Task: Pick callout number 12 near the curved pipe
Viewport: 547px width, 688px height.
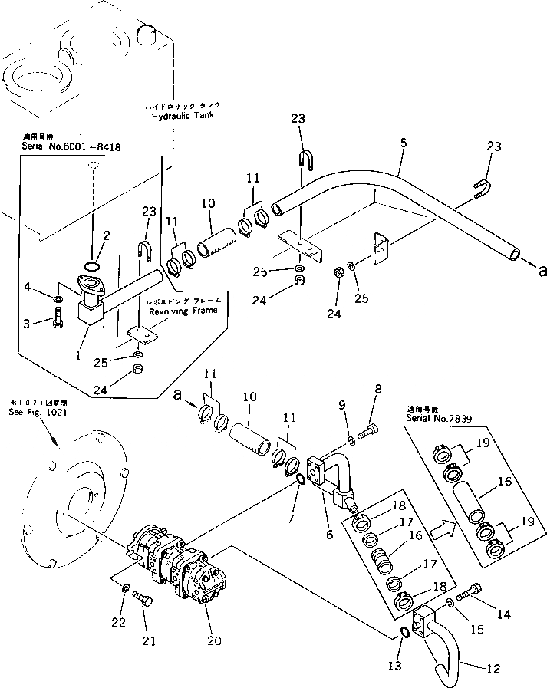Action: [493, 669]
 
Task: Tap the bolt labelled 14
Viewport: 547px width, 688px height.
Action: [470, 594]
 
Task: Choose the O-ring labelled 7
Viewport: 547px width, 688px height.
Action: [301, 481]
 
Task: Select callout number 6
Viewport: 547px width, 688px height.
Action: [328, 534]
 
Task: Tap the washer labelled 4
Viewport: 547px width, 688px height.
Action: [59, 298]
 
